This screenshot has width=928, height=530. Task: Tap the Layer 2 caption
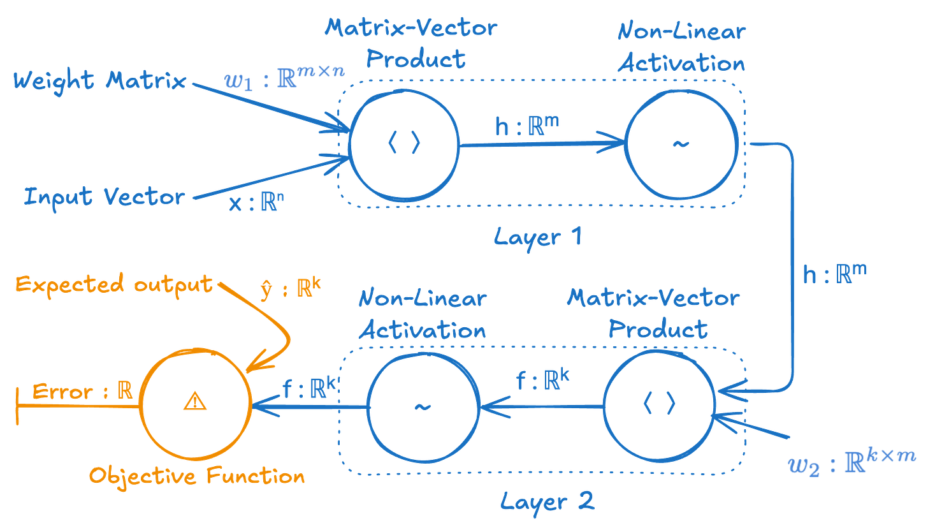tap(546, 499)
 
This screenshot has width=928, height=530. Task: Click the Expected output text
tap(113, 285)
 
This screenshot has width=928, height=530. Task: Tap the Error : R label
tap(82, 392)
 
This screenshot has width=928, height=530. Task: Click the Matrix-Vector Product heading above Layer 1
tap(410, 43)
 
